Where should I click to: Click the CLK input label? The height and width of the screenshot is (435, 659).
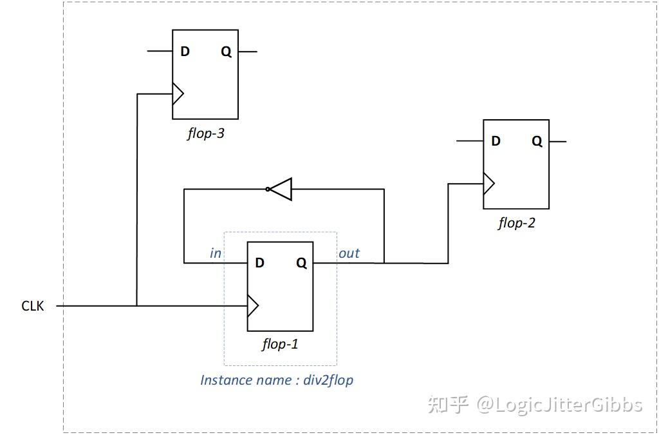[33, 306]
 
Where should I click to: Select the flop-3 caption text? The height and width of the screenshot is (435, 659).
[205, 134]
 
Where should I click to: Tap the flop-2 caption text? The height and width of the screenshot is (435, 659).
[516, 224]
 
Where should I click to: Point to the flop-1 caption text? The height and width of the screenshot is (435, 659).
[280, 344]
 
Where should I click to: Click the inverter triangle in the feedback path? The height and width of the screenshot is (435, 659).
[282, 189]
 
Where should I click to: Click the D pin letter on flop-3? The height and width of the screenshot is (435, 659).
[185, 52]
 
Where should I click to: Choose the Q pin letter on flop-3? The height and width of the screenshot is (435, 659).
[226, 52]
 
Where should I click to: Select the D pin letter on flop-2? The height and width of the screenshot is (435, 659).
[496, 141]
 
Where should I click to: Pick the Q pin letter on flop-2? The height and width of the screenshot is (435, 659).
[537, 141]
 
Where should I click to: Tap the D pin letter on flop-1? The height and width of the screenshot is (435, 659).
[260, 263]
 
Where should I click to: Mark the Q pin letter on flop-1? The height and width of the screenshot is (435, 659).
[301, 263]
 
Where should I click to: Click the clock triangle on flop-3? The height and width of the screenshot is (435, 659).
[178, 94]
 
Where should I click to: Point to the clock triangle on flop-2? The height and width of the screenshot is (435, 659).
[488, 184]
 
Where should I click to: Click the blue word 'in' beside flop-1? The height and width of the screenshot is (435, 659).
[216, 253]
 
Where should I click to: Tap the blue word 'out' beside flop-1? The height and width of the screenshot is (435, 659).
[349, 253]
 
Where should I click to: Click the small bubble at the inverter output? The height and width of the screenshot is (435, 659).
[268, 189]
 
